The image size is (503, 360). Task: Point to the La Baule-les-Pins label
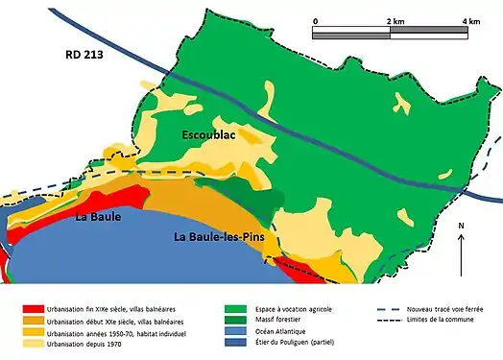[219, 236]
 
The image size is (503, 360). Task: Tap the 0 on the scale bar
[316, 20]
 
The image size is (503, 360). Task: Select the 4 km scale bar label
[470, 20]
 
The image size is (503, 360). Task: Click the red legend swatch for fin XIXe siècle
[36, 310]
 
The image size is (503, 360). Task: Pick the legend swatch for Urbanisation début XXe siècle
[36, 323]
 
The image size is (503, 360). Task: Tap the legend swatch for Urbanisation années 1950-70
[36, 335]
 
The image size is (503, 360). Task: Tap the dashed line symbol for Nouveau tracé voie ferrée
[384, 310]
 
